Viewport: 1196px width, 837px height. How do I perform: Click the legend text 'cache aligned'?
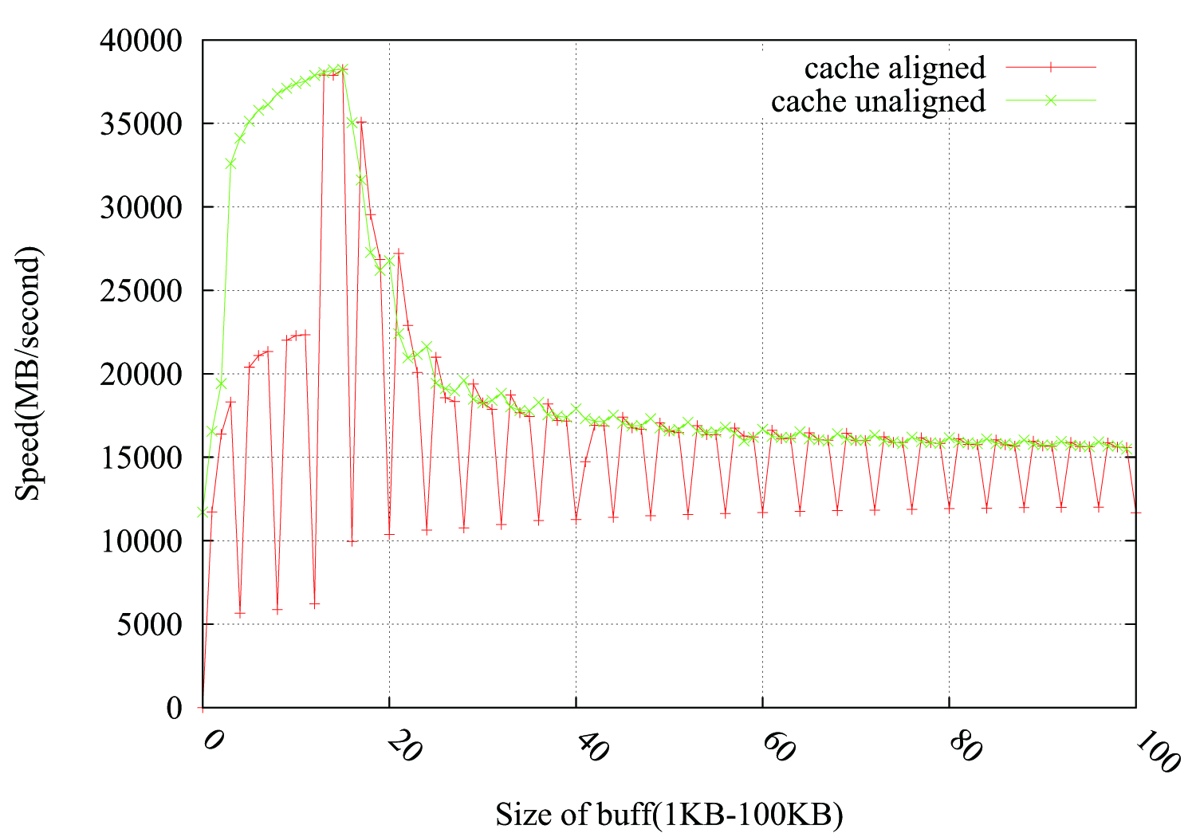895,68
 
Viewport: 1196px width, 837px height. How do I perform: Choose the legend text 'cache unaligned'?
878,101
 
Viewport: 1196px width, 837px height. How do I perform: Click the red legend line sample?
1051,68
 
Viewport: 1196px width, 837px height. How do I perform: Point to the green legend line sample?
1051,100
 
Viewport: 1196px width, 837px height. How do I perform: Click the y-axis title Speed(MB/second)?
29,374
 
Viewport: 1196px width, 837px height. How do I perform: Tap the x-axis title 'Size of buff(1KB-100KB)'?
669,815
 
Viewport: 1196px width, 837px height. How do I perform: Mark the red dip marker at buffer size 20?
389,534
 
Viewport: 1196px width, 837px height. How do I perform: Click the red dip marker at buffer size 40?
576,520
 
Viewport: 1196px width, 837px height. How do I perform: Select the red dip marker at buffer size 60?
763,513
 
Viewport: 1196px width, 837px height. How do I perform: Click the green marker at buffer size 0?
203,512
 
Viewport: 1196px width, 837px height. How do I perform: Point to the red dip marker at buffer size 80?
950,509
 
